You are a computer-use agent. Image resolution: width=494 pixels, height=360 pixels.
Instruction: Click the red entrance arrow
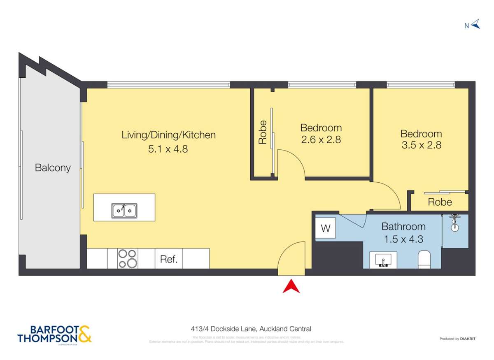tap(291, 286)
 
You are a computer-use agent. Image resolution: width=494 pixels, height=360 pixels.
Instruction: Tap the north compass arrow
tap(475, 24)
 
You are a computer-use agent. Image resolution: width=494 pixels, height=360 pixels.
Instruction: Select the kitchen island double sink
tap(124, 211)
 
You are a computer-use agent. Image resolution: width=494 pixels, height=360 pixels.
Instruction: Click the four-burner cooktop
tap(128, 258)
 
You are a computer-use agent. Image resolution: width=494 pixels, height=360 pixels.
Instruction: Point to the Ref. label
tap(168, 260)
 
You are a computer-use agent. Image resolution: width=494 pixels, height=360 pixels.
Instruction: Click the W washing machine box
tap(325, 228)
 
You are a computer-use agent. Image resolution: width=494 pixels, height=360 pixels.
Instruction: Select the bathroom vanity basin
tap(383, 260)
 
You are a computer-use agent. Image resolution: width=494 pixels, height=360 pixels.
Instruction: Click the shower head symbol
tap(454, 223)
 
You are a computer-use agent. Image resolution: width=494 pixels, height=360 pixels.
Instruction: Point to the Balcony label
tap(52, 168)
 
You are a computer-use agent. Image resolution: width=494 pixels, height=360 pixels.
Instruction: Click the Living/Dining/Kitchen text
tap(168, 135)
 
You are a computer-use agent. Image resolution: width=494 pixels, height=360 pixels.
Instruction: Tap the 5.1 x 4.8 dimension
tap(168, 149)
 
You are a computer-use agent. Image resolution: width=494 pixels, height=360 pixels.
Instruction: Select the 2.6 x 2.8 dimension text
tap(321, 139)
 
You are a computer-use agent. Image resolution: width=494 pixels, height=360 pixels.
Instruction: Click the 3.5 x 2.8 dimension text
tap(421, 145)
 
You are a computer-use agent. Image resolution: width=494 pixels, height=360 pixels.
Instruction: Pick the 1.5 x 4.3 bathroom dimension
tap(403, 239)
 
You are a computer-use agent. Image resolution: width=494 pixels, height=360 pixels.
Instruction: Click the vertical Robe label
tap(262, 132)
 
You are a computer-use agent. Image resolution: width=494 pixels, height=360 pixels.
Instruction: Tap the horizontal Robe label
tap(440, 202)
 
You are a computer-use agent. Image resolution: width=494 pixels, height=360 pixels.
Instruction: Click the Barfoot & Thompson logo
tap(54, 334)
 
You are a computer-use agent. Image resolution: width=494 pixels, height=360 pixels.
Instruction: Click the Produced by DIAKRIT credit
tap(457, 339)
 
